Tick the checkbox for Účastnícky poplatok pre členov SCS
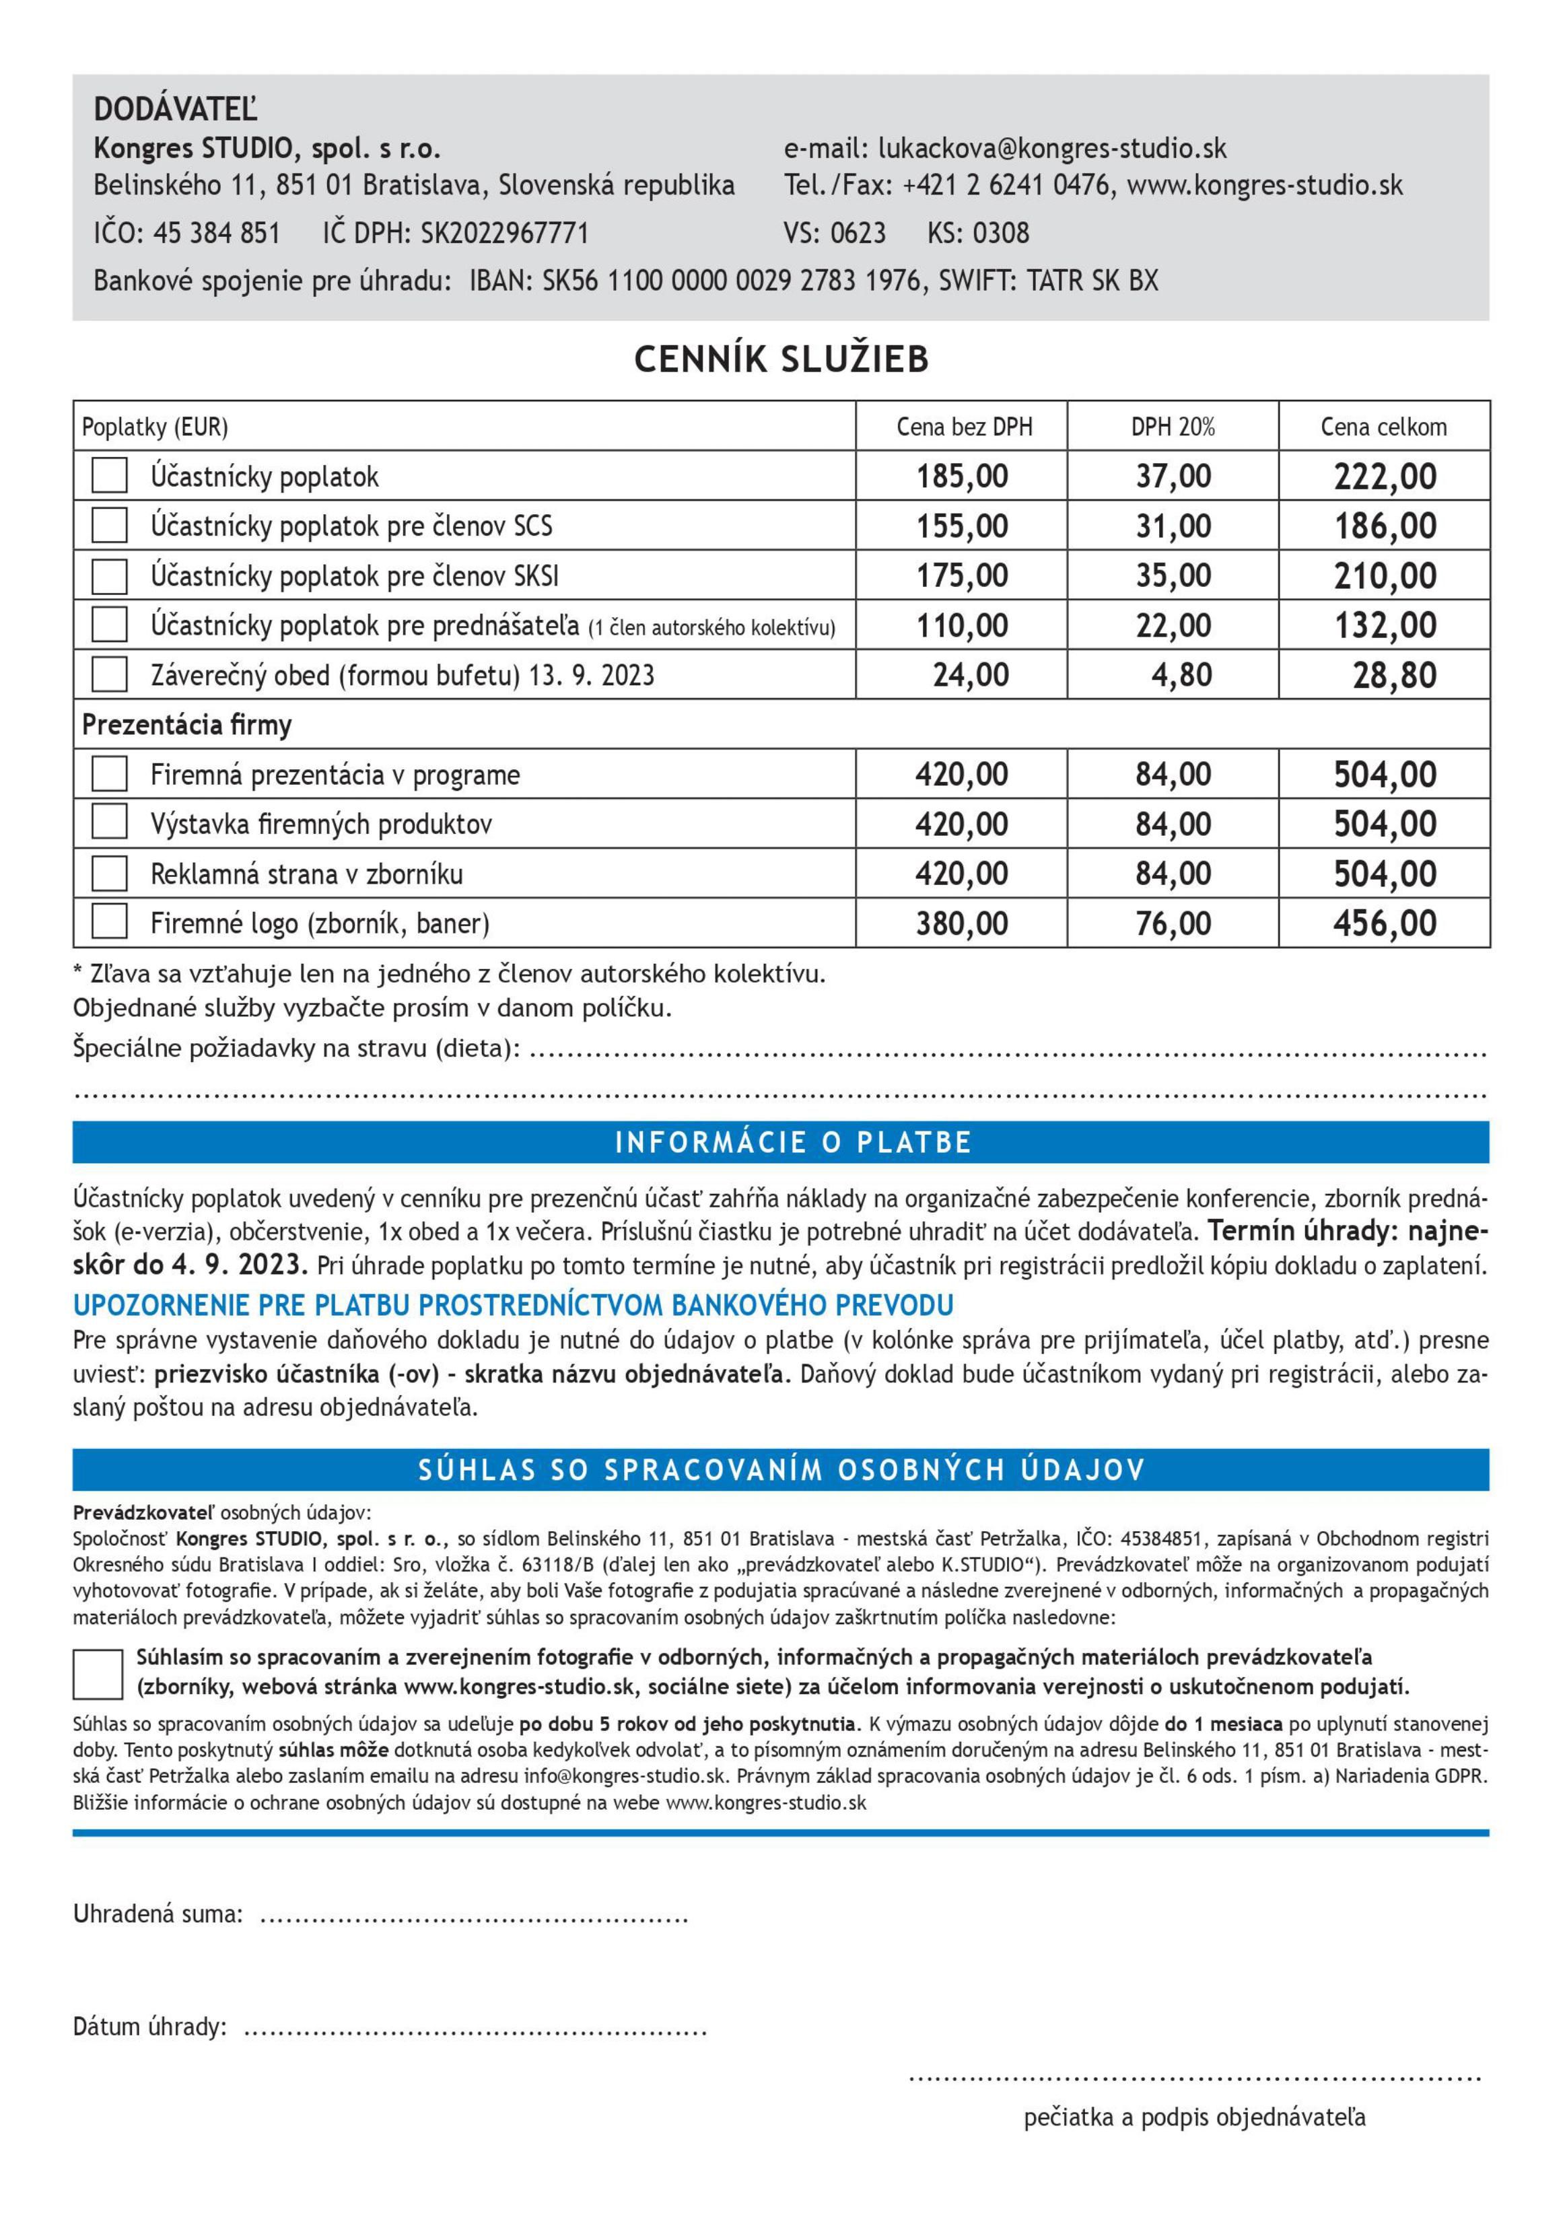tap(109, 525)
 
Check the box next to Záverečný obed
tap(109, 674)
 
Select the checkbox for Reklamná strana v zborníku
tap(109, 874)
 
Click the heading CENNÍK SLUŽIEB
tap(781, 359)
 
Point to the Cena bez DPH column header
tap(963, 427)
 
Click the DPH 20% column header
tap(1173, 427)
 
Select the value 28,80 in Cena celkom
tap(1394, 674)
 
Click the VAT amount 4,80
tap(1181, 674)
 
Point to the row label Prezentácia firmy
tap(186, 725)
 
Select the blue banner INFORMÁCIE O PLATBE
tap(781, 1142)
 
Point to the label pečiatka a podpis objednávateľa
tap(1195, 2117)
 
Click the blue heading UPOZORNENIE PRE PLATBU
tap(513, 1305)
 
